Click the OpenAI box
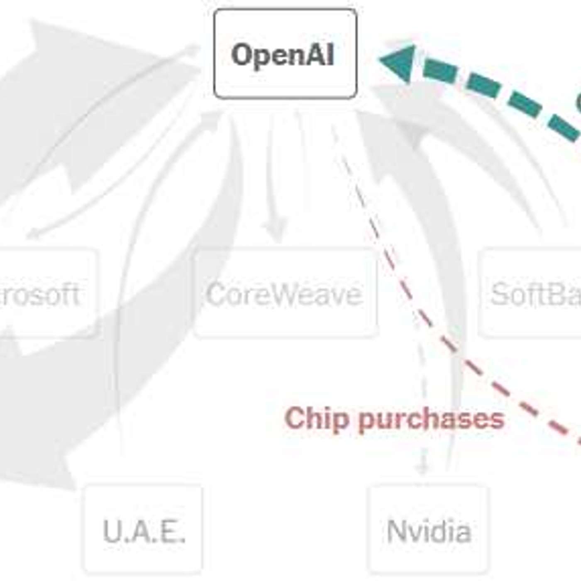pos(285,54)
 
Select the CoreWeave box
pos(285,293)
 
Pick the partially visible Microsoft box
pos(46,293)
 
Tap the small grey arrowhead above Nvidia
pos(422,469)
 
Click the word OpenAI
pos(283,54)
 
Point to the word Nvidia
pos(428,531)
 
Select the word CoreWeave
pos(284,294)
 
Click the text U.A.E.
pos(144,531)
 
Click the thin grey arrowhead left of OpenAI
pos(193,49)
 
